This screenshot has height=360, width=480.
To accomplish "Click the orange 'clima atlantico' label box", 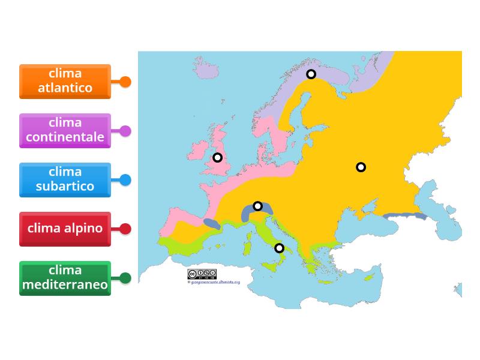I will point(65,81).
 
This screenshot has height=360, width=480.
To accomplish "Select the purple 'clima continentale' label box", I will point(65,130).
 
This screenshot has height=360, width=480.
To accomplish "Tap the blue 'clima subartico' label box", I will point(65,179).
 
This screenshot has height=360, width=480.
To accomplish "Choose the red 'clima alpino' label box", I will point(65,229).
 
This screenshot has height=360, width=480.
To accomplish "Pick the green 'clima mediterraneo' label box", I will point(65,278).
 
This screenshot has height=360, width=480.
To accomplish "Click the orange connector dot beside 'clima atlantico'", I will point(125,82).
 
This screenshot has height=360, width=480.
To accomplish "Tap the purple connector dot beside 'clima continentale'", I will point(125,131).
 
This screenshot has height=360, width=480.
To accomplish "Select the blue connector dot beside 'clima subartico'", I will point(125,179).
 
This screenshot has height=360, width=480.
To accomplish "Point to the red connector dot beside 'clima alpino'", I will point(125,229).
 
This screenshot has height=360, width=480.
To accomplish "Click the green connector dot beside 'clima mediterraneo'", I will point(125,278).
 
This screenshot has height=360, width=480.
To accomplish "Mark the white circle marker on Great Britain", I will point(218,157).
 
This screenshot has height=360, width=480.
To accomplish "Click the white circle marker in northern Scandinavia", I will point(311,74).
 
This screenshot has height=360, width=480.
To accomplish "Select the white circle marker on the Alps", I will point(257,206).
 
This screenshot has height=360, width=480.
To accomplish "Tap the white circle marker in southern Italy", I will point(279,248).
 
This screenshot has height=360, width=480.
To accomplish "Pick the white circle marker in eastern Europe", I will point(361,167).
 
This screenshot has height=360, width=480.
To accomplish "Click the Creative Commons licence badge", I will point(202,274).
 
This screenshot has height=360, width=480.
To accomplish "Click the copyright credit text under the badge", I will point(214,281).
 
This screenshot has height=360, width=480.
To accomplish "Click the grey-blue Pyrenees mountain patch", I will point(211,224).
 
